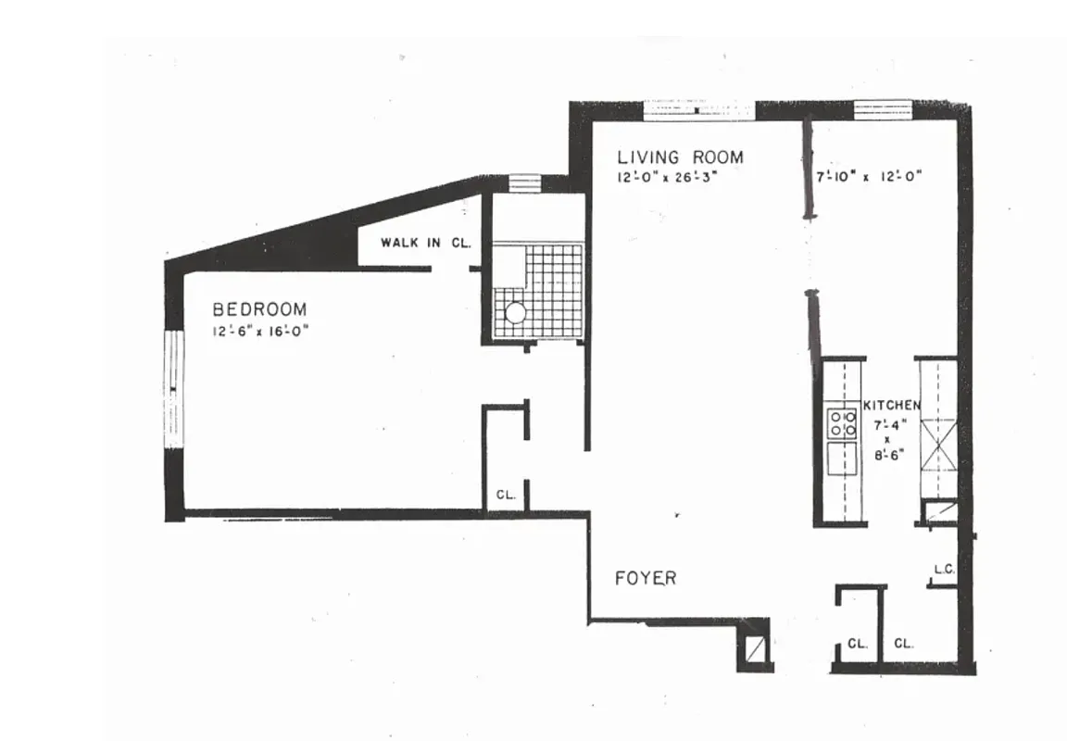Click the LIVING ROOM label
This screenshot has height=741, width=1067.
[680, 157]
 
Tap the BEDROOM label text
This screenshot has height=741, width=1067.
[259, 309]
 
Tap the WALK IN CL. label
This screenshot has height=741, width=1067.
[426, 244]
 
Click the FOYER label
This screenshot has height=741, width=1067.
[646, 578]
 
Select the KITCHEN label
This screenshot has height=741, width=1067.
[892, 405]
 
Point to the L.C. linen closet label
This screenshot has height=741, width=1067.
[944, 569]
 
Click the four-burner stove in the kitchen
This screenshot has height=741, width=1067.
[842, 423]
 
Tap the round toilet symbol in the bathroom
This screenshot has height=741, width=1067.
[515, 312]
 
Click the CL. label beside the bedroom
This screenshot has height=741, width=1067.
[505, 495]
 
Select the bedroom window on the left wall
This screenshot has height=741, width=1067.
[174, 389]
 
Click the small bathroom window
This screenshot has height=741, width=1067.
[523, 182]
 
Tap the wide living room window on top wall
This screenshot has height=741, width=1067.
[699, 110]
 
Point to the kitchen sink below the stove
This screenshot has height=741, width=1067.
[842, 458]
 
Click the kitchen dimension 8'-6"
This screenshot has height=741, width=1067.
[886, 456]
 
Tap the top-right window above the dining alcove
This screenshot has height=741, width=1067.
[882, 109]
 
